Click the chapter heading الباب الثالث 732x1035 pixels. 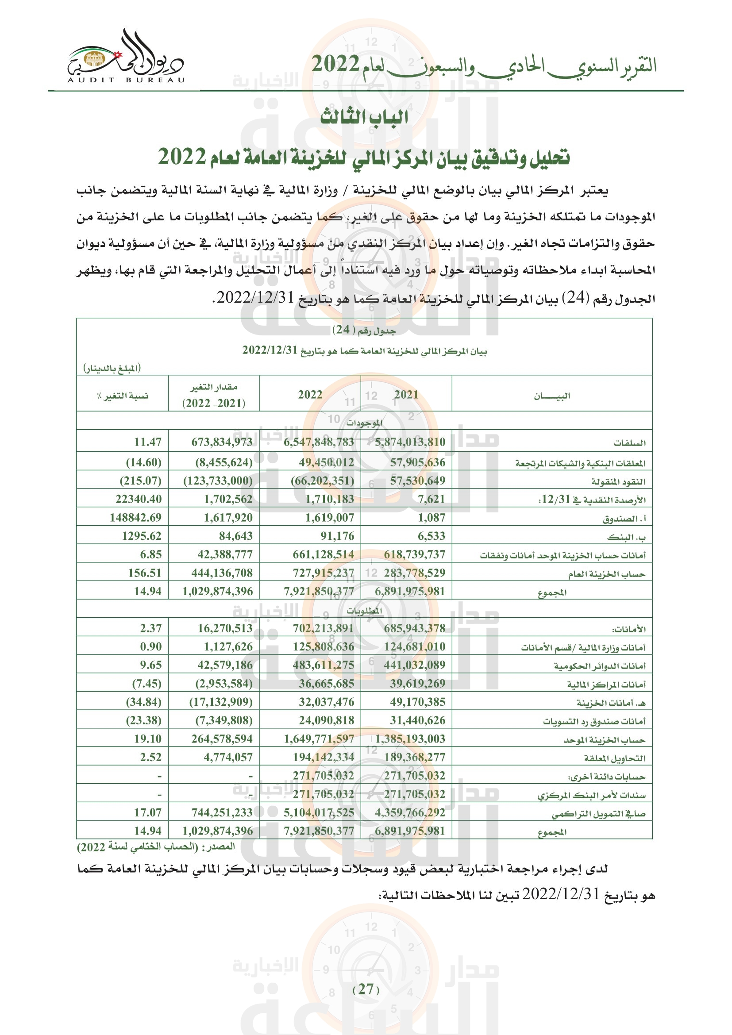tap(364, 117)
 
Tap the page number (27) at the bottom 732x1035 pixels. tap(366, 989)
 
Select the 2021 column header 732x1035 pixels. tap(406, 394)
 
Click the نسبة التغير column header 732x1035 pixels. tap(123, 396)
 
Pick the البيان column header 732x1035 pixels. tap(552, 396)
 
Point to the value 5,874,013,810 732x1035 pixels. tap(410, 442)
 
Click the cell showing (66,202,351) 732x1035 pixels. tap(322, 481)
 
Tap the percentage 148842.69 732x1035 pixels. tap(136, 518)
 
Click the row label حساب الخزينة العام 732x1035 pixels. tap(606, 574)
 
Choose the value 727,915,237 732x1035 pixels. tap(323, 573)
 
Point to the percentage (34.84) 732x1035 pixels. tap(143, 702)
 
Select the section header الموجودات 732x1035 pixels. tap(364, 423)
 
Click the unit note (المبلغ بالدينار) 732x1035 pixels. tap(112, 368)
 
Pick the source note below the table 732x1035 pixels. tap(156, 846)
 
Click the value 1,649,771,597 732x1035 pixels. tap(319, 739)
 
